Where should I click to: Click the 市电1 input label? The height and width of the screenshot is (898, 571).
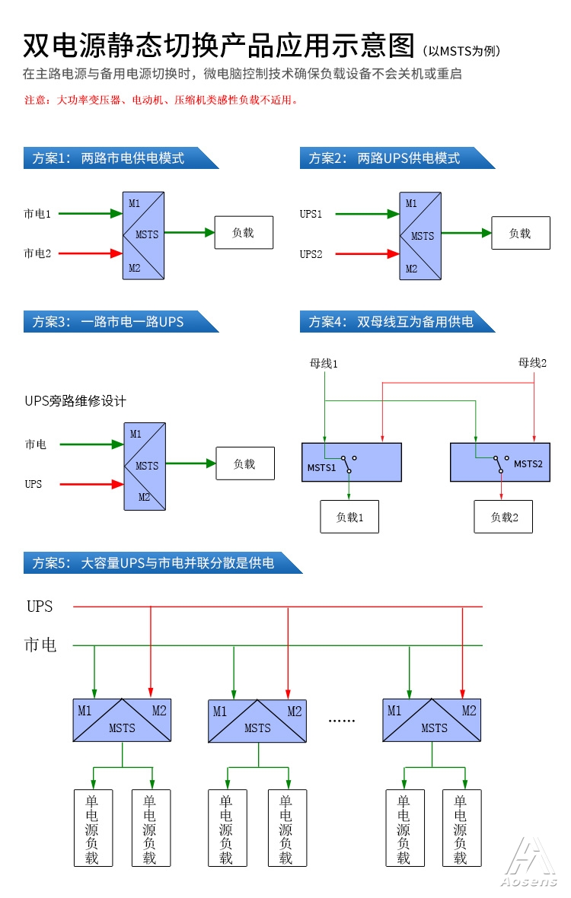click(x=37, y=214)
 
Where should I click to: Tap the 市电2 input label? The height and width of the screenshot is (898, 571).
click(x=37, y=253)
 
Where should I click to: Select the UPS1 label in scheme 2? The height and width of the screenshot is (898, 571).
click(x=311, y=214)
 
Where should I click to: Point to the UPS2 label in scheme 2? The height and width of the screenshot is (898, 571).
click(x=311, y=254)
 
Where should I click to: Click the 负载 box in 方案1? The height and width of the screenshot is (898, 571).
click(x=244, y=233)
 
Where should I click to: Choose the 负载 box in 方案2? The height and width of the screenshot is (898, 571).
click(x=521, y=233)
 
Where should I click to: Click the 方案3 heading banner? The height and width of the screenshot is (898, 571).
click(x=121, y=322)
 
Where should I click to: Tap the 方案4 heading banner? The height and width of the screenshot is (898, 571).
click(x=397, y=322)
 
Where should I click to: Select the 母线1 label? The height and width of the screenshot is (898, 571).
click(x=324, y=364)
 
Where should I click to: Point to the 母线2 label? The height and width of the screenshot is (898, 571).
click(x=533, y=363)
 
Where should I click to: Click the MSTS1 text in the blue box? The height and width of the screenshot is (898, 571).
click(x=321, y=468)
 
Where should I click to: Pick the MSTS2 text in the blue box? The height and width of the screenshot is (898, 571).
click(x=528, y=464)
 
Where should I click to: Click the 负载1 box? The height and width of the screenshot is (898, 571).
click(x=349, y=517)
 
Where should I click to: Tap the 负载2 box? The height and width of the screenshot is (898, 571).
click(x=503, y=517)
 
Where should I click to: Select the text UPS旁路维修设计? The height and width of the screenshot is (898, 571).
click(x=75, y=401)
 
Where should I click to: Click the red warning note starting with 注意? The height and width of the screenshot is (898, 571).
click(x=161, y=100)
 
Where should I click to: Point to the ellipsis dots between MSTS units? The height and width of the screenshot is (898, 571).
click(x=342, y=721)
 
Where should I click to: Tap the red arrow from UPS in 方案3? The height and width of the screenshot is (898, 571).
click(x=91, y=485)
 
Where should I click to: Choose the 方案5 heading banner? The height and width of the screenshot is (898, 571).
click(x=163, y=563)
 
